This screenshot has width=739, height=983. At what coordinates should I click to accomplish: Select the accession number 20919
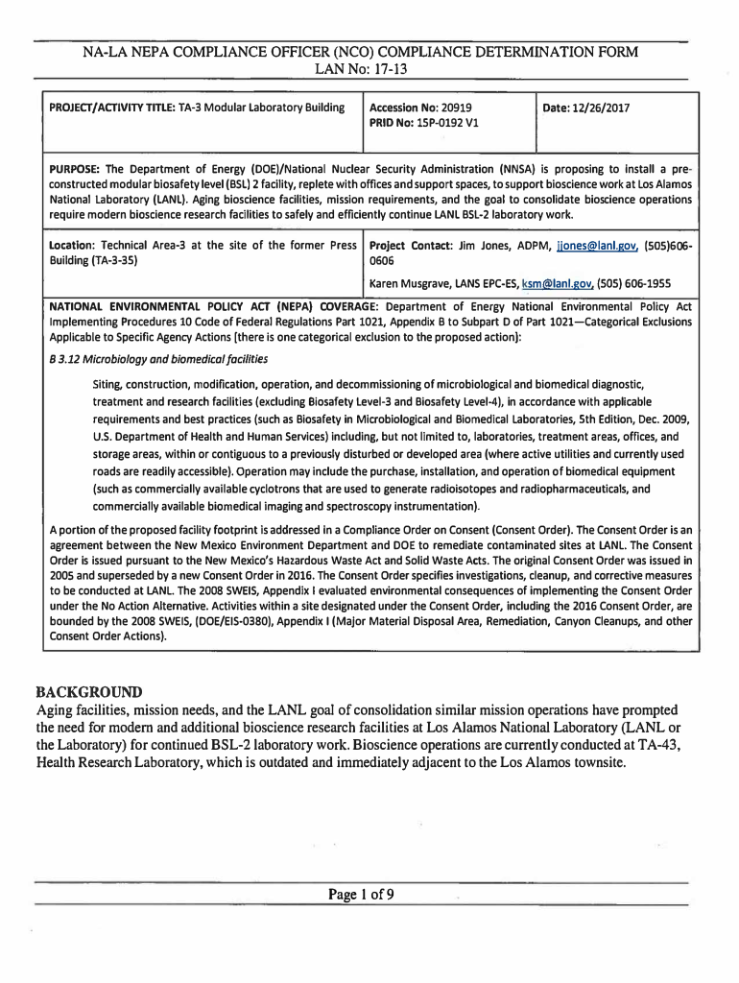point(455,108)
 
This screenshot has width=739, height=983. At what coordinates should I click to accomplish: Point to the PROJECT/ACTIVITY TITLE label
point(111,108)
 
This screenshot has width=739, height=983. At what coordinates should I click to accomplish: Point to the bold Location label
point(73,246)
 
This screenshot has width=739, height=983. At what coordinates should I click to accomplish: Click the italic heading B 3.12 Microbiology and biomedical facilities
point(158,359)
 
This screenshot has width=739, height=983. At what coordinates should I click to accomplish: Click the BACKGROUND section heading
point(88,692)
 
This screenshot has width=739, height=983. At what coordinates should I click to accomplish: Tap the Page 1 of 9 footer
point(361,895)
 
